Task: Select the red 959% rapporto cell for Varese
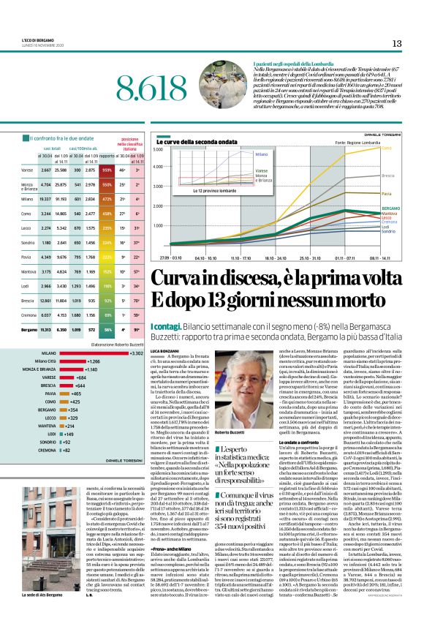coord(108,170)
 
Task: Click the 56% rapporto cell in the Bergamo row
coord(108,330)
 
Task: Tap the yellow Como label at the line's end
coord(386,148)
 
